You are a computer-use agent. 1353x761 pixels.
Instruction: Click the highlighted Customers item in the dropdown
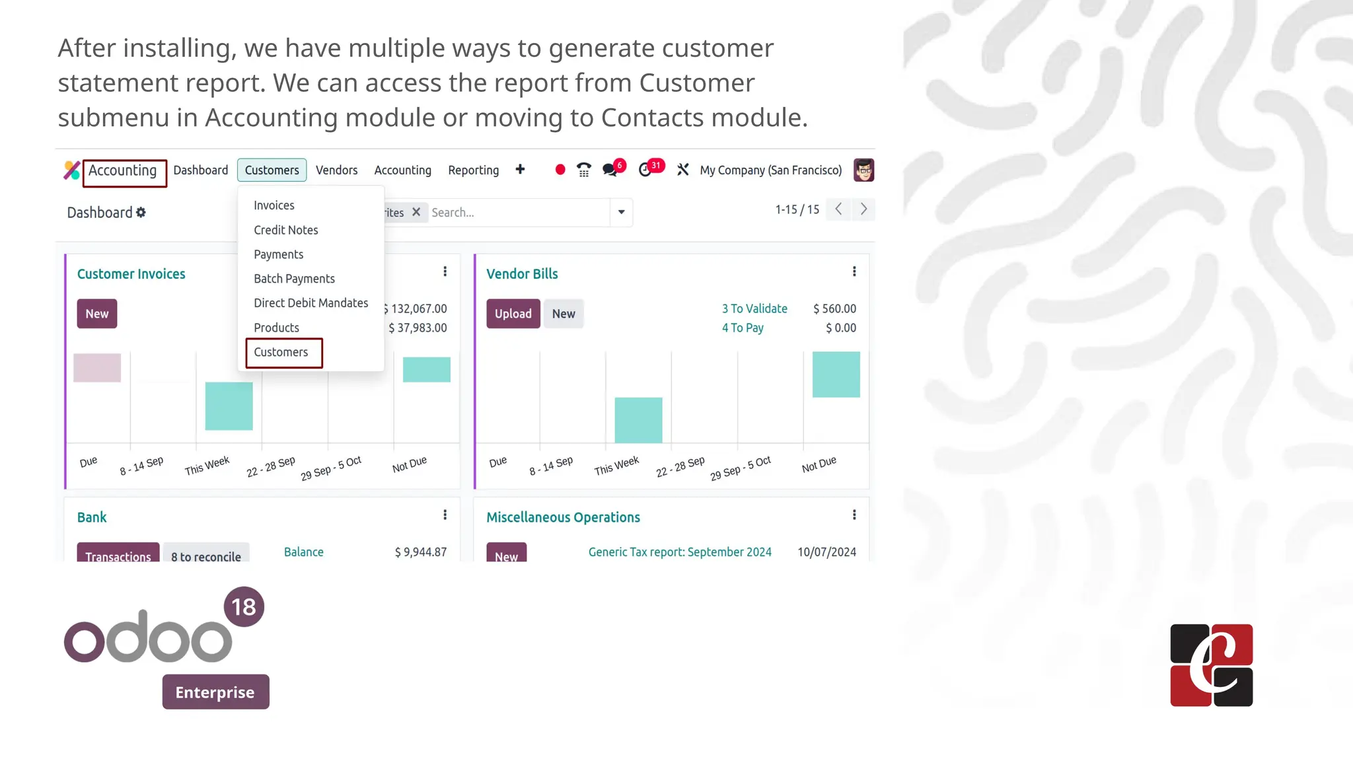pos(281,352)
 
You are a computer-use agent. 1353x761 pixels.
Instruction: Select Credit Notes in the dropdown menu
pos(285,230)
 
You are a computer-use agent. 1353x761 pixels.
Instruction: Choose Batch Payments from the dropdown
pos(294,279)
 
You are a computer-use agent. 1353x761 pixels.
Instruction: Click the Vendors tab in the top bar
pos(336,170)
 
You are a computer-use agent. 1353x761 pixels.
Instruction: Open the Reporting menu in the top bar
pos(473,170)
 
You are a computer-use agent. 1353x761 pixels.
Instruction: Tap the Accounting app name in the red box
pos(123,171)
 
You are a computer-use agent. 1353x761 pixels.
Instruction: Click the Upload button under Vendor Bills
pos(513,314)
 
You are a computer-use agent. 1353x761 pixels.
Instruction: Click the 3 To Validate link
pos(754,308)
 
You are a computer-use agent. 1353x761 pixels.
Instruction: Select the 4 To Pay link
pos(743,328)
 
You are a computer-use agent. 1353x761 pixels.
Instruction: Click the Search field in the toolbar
pos(518,213)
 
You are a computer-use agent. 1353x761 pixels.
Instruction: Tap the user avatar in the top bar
pos(863,170)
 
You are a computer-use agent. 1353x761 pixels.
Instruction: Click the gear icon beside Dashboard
pos(141,213)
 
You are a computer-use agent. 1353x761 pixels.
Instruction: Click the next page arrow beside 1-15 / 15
pos(863,209)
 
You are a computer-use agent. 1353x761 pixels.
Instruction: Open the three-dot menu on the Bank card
pos(445,515)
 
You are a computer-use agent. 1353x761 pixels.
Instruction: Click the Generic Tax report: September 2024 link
pos(680,552)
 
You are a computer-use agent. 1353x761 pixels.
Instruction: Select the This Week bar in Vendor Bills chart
pos(638,420)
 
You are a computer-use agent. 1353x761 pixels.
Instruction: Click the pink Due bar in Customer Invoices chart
pos(97,368)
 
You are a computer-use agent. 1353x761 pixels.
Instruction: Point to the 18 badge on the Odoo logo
pos(244,607)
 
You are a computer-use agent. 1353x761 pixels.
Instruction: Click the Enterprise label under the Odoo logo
pos(215,692)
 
